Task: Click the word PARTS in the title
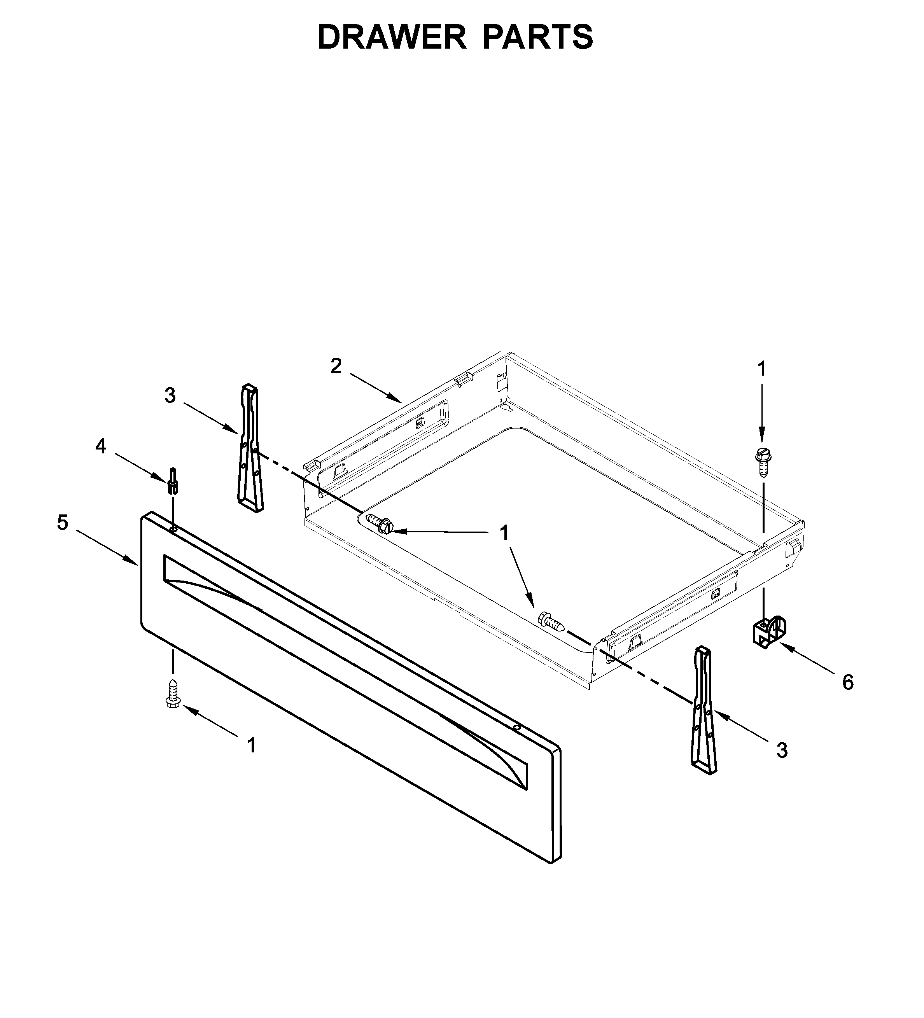click(538, 37)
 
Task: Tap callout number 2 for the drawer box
click(336, 366)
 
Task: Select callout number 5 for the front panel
click(62, 523)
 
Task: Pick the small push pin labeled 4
click(173, 481)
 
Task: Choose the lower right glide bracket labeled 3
click(704, 712)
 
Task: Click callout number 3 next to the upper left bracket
click(170, 396)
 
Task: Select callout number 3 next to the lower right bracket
click(782, 751)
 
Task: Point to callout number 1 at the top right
click(762, 369)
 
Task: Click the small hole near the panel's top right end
click(516, 727)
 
